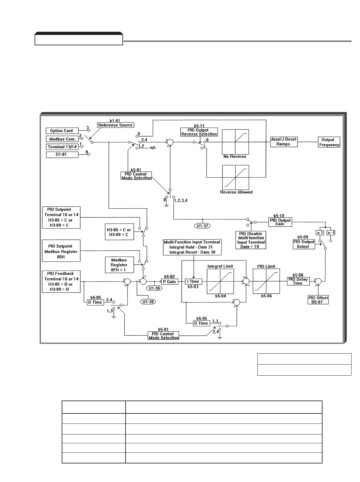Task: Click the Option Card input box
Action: [x=62, y=131]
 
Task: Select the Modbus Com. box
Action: [x=62, y=139]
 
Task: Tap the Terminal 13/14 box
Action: [x=62, y=147]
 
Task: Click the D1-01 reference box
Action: [x=62, y=154]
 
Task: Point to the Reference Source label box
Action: [x=115, y=125]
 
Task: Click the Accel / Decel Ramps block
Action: [x=284, y=142]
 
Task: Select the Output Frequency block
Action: [x=329, y=142]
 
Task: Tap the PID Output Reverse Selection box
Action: [x=199, y=132]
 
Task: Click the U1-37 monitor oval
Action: [x=202, y=225]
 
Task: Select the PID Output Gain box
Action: [x=280, y=222]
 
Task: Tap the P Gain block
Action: [x=170, y=282]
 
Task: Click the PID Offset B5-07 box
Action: [x=318, y=300]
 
